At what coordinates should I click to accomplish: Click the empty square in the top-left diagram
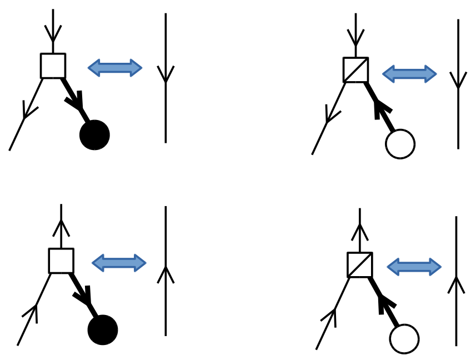tap(53, 66)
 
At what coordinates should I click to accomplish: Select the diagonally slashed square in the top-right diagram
tap(355, 70)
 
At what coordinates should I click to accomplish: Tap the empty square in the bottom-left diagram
tap(61, 261)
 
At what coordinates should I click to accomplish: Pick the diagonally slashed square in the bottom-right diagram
tap(360, 264)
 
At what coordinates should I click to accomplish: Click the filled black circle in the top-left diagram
tap(94, 135)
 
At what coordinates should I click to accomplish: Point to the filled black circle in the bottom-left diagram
tap(103, 330)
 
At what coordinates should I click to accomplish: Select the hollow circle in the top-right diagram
tap(400, 144)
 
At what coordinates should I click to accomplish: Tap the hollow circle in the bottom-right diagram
tap(404, 339)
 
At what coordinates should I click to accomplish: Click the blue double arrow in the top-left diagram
tap(115, 68)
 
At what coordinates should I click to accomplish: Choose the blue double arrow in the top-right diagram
tap(410, 74)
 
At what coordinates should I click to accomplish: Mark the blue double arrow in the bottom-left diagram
tap(119, 263)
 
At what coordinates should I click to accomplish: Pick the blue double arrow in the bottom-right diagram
tap(414, 267)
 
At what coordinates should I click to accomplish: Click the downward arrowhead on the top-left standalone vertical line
tap(166, 75)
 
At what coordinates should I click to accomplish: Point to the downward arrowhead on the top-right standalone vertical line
tap(458, 81)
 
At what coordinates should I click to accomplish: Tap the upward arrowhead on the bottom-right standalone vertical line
tap(456, 283)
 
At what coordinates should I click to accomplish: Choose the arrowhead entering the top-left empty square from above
tap(53, 34)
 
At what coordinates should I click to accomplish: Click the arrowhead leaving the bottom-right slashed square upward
tap(360, 231)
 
